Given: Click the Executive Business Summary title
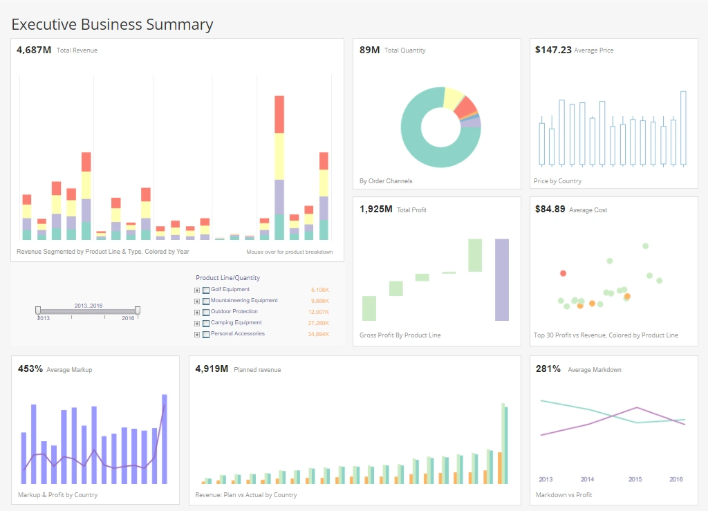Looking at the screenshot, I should pos(112,24).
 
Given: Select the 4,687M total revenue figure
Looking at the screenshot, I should pos(34,50).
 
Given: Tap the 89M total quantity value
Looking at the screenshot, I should pos(369,50).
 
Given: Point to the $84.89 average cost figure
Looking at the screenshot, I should pos(550,209).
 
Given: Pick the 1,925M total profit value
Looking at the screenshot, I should pos(376,209).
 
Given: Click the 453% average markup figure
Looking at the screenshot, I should pos(30,369).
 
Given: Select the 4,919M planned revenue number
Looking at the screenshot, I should pos(212,369).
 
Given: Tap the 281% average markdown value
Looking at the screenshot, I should pos(548,369).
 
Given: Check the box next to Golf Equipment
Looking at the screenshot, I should pos(206,290).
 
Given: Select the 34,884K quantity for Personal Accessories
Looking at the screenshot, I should pos(319,335).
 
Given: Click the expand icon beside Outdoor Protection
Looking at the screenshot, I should pos(197,313).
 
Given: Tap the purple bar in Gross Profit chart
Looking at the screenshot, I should pos(501,279).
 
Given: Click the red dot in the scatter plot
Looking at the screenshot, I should pos(563,273).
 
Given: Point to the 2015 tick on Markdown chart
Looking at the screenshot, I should pos(635,479).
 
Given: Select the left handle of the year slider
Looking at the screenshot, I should pos(38,310).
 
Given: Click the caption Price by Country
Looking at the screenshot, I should pos(557,181).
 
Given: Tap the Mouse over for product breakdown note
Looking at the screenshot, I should pos(289,252).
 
